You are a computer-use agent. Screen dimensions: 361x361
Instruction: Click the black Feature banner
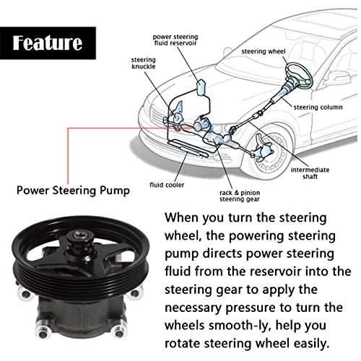[48, 43]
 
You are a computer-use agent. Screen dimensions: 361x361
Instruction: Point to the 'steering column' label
[318, 108]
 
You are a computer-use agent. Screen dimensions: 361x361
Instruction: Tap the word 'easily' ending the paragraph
[309, 342]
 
